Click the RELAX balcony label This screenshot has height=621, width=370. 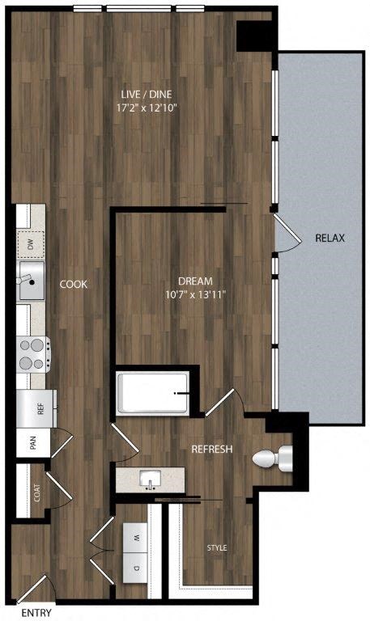pyautogui.click(x=330, y=239)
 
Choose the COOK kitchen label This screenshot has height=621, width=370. pyautogui.click(x=73, y=285)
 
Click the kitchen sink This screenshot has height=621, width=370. pyautogui.click(x=31, y=281)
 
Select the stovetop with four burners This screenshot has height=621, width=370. pyautogui.click(x=33, y=353)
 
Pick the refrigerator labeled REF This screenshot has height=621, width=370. pyautogui.click(x=36, y=408)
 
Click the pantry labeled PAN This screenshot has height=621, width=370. pyautogui.click(x=33, y=443)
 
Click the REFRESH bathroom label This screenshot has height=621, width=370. pyautogui.click(x=212, y=450)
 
